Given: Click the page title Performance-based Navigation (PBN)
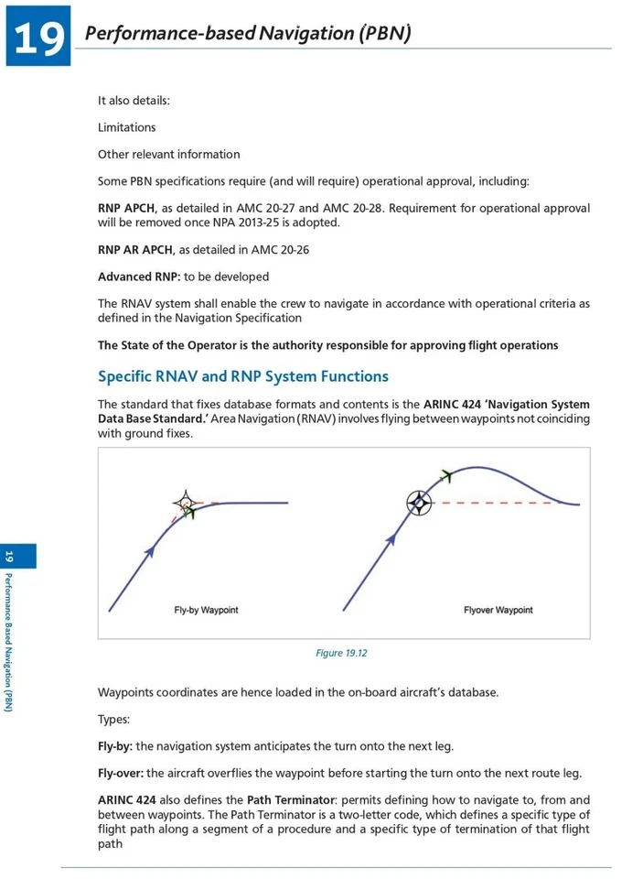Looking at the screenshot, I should pos(247,34).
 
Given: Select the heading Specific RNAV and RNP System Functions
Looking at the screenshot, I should pos(242,376).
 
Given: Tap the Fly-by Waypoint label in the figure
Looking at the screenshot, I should pos(206,610).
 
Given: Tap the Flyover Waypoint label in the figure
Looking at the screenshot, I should pos(498,610).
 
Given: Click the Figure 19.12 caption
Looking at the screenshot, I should pos(341,653).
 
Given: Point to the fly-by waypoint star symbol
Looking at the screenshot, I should pos(186,503).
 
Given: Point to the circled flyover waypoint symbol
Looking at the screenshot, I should pos(418,503).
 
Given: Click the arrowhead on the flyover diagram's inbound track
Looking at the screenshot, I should pos(391,540).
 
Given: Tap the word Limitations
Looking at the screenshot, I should pos(126,127).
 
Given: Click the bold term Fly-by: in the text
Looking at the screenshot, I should pos(115,746).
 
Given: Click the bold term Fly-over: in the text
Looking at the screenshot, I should pos(121,773).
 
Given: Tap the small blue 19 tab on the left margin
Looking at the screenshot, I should pos(9,557).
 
